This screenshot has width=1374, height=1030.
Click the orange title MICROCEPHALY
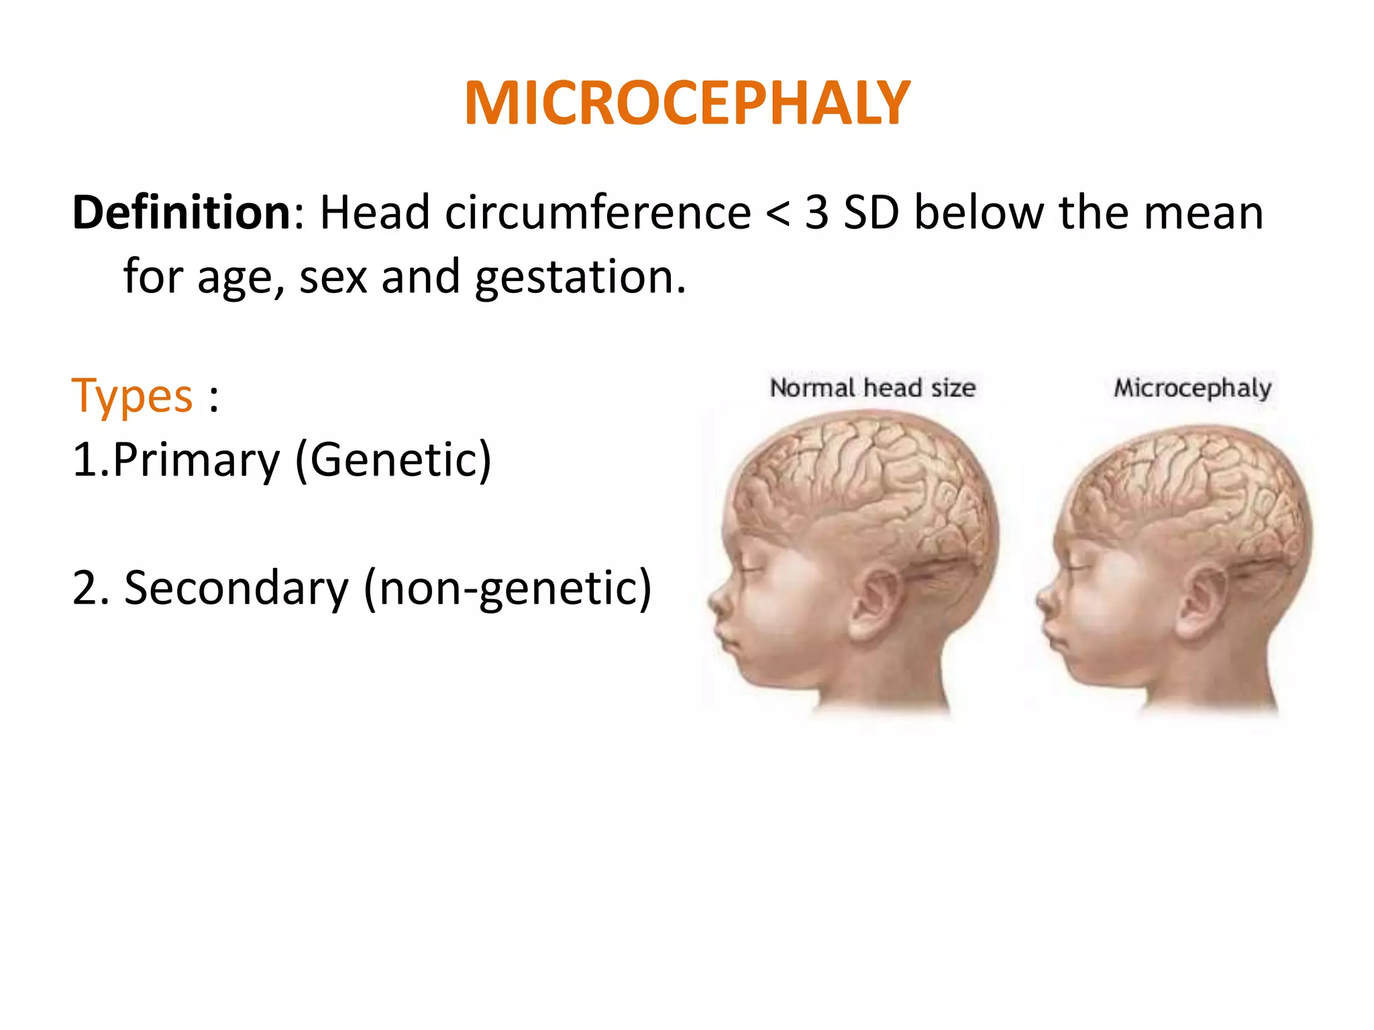point(687,103)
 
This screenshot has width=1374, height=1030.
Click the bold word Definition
point(181,213)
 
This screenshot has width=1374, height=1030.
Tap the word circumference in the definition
point(598,213)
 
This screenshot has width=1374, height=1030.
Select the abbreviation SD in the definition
point(871,213)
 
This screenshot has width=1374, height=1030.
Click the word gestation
point(580,277)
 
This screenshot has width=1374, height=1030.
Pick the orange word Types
point(132,396)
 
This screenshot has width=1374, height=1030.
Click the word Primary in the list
point(196,461)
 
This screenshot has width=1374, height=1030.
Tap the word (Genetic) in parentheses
point(393,461)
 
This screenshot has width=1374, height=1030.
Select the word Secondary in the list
point(236,588)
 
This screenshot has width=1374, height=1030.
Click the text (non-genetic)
point(507,588)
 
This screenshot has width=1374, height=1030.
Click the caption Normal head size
point(872,388)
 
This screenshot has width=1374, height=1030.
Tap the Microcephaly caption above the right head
point(1192,388)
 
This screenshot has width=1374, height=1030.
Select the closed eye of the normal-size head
point(750,570)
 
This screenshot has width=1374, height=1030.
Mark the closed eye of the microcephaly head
point(1079,568)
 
